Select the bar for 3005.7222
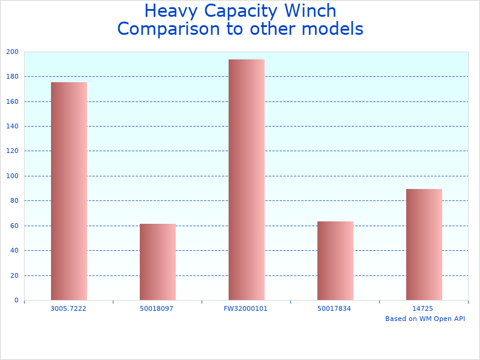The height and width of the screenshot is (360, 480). click(x=68, y=191)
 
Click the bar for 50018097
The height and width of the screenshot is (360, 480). click(x=157, y=262)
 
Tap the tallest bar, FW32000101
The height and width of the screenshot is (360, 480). click(x=246, y=179)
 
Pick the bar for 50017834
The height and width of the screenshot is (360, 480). click(x=335, y=260)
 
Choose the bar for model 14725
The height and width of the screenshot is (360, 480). click(x=424, y=244)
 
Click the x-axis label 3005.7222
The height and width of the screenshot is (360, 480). click(x=68, y=308)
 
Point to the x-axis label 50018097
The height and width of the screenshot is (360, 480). click(x=157, y=308)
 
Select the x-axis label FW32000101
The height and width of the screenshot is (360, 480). click(x=246, y=308)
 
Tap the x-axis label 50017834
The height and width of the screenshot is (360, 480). click(x=335, y=308)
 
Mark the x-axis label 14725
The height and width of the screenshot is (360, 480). click(x=423, y=308)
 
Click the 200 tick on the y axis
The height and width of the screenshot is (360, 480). click(x=12, y=52)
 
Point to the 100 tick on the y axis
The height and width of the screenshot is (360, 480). click(x=12, y=176)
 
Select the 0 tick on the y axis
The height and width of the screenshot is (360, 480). click(x=16, y=300)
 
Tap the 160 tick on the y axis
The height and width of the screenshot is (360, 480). click(x=12, y=101)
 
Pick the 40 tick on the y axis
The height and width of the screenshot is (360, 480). click(x=14, y=250)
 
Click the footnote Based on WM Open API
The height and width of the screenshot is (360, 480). click(x=425, y=319)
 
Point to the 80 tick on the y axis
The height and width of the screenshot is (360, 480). click(x=14, y=201)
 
